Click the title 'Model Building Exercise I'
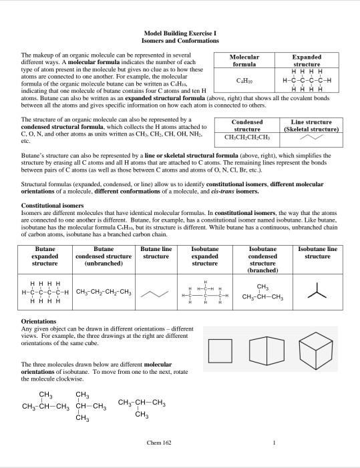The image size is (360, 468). point(180,33)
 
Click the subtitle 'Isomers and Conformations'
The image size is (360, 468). point(180,41)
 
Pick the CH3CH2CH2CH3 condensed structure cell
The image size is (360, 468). point(242,138)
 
